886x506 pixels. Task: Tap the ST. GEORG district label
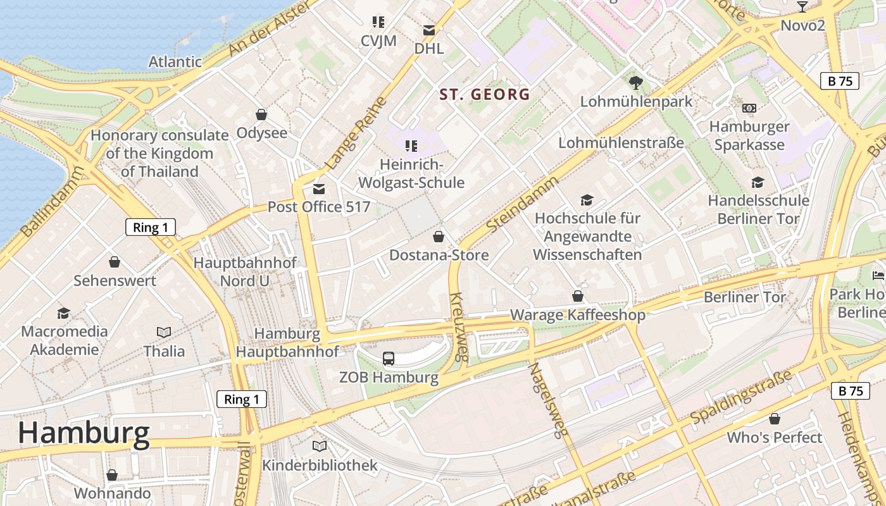pos(485,95)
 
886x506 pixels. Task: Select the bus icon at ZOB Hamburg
pos(389,359)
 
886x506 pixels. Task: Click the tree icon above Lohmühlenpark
pos(635,82)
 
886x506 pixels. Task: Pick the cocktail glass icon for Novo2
pos(802,7)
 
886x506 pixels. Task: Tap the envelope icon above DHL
pos(429,30)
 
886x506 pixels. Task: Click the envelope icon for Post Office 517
pos(319,188)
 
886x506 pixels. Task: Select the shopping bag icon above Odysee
pos(261,114)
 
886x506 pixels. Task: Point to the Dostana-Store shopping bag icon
pos(438,237)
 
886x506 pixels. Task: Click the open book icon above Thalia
pos(164,332)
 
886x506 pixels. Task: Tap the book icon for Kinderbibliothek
pos(320,447)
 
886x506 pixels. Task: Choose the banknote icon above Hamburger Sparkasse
pos(749,108)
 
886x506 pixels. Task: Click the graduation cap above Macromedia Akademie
pos(63,313)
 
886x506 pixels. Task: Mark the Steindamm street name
pos(523,204)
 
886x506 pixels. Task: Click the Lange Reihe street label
pos(355,134)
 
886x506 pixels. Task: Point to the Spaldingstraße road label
pos(740,398)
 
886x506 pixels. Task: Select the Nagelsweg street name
pos(547,400)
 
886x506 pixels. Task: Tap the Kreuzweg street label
pos(458,326)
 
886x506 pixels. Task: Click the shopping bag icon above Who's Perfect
pos(774,419)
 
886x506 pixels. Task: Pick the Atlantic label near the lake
pos(175,62)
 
